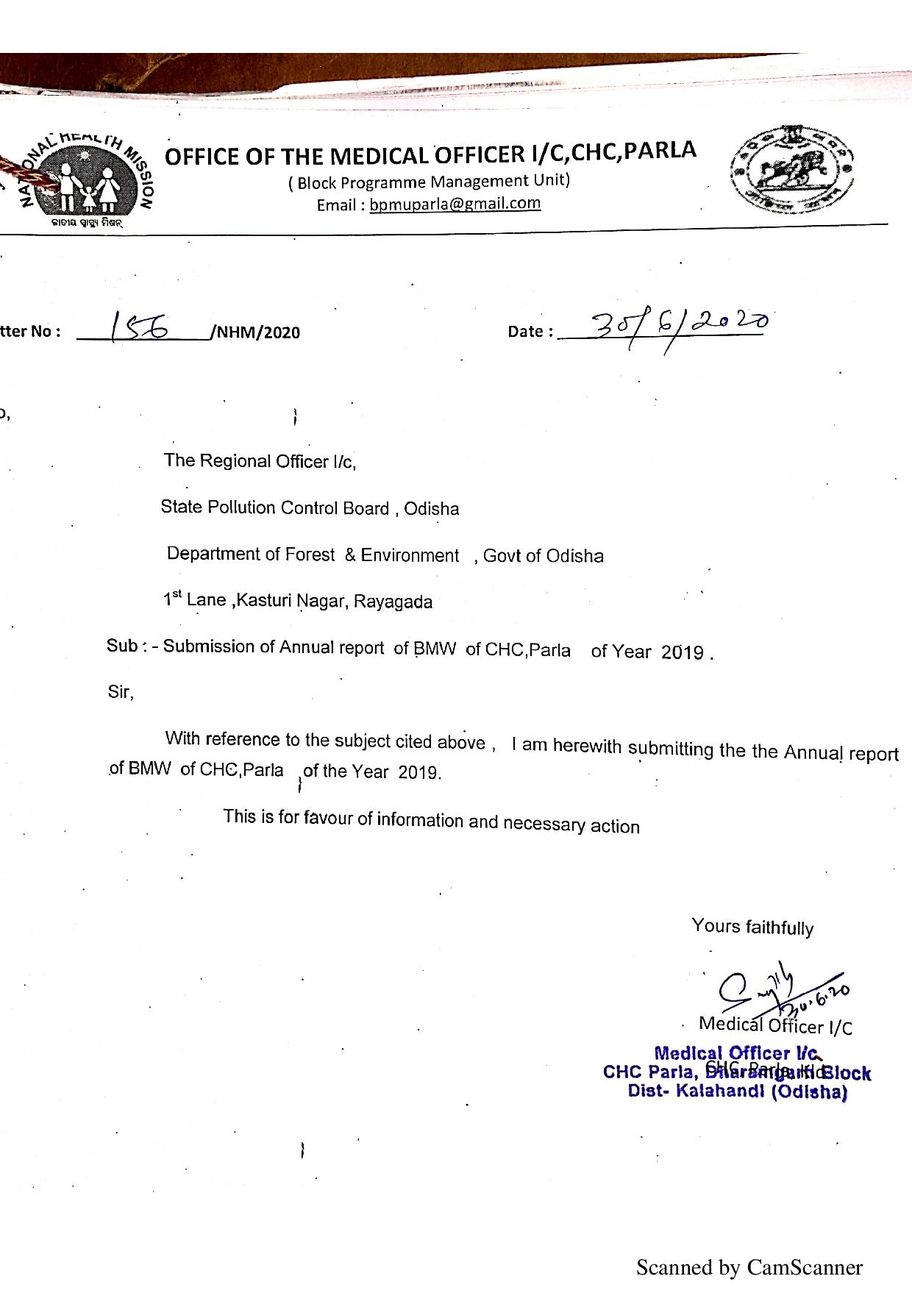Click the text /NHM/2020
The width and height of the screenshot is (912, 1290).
click(255, 332)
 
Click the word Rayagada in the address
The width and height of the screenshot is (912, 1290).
click(393, 602)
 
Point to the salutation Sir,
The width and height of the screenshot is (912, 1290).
click(121, 692)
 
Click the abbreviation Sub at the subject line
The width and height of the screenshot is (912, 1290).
click(122, 646)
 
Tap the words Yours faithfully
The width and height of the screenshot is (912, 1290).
click(752, 927)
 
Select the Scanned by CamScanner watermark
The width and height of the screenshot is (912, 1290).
click(749, 1267)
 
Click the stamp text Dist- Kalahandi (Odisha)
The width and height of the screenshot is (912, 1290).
click(738, 1091)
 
